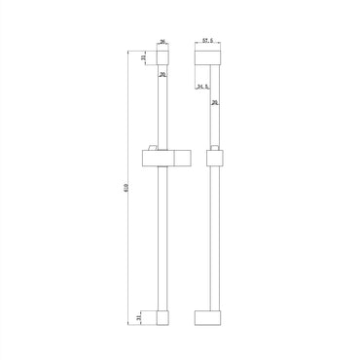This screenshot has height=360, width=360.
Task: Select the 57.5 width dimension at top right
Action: point(207,42)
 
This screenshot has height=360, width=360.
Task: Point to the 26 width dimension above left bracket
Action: point(162,42)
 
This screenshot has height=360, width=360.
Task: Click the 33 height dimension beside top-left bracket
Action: point(144,58)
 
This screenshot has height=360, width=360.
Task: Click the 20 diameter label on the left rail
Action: point(162,74)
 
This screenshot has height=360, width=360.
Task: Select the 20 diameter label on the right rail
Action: point(214,102)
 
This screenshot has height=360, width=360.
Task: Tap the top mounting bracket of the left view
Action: point(163,58)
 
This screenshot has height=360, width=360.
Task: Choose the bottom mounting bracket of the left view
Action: point(163,317)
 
